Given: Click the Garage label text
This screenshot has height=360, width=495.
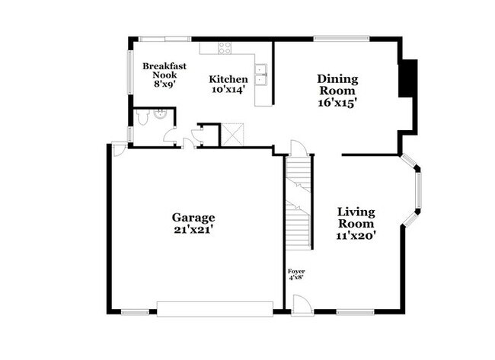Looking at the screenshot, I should (193, 217).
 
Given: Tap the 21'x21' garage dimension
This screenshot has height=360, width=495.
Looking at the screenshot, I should (193, 229).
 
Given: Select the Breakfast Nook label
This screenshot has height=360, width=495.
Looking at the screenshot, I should (164, 71).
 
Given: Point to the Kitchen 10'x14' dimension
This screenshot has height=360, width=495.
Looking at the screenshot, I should (228, 90).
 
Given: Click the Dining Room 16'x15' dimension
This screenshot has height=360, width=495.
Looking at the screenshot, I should (337, 101).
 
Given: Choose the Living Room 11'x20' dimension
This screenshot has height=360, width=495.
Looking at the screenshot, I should (356, 236).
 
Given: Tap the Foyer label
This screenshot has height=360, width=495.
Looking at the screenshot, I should (296, 272).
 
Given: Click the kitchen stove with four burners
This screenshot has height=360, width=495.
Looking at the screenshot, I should (225, 48).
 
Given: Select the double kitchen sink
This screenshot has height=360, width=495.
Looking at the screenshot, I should (261, 73).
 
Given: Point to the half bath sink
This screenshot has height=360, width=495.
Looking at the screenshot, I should (160, 113).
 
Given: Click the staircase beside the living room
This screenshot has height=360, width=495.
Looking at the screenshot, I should (299, 202).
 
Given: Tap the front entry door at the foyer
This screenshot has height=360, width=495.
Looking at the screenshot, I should (302, 302).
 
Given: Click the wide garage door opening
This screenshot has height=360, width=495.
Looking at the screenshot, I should (214, 307).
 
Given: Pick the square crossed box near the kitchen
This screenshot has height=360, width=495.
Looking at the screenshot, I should (230, 134).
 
